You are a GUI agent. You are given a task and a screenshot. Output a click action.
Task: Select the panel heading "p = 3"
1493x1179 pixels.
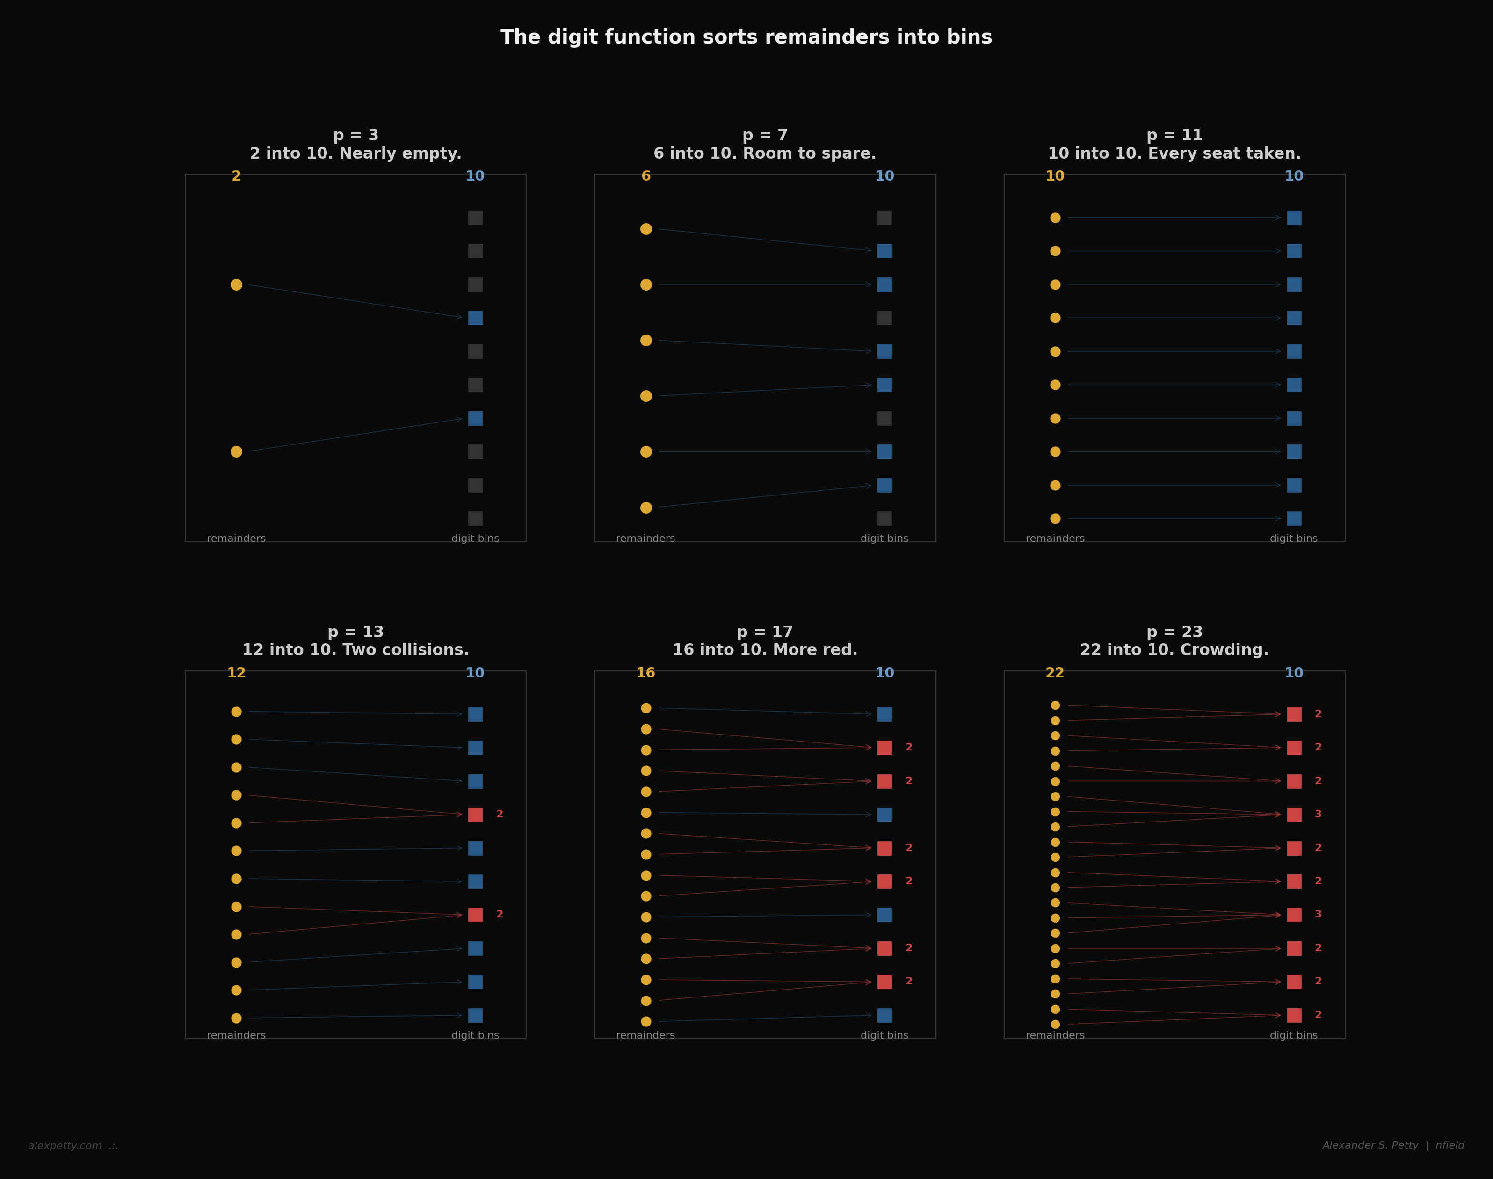pyautogui.click(x=355, y=135)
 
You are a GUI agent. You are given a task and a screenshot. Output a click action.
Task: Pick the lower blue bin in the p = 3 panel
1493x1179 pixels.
pyautogui.click(x=475, y=418)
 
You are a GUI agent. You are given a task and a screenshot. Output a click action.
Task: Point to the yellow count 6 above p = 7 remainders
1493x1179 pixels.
pyautogui.click(x=646, y=177)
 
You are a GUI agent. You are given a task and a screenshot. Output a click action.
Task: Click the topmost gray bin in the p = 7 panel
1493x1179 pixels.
pyautogui.click(x=884, y=218)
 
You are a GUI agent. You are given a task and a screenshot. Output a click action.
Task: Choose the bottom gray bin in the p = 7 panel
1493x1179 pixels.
pyautogui.click(x=884, y=518)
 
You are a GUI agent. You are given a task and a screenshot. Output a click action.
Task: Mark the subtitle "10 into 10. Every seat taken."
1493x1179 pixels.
pyautogui.click(x=1174, y=154)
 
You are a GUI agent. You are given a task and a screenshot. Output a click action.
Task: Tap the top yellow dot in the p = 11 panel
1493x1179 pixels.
pyautogui.click(x=1055, y=218)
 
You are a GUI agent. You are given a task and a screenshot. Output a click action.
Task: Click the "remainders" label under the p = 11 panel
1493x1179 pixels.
pyautogui.click(x=1055, y=539)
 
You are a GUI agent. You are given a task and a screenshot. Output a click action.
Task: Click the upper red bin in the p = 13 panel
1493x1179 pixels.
pyautogui.click(x=475, y=815)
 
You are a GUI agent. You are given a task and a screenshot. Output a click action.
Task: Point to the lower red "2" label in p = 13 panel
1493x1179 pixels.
pyautogui.click(x=500, y=915)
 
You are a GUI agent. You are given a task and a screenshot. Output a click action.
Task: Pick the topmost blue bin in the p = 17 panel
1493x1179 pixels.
pyautogui.click(x=884, y=714)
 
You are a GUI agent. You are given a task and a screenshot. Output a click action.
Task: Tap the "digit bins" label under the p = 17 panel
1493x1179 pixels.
pyautogui.click(x=884, y=1035)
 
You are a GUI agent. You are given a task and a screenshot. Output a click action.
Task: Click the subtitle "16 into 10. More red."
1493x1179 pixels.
pyautogui.click(x=765, y=650)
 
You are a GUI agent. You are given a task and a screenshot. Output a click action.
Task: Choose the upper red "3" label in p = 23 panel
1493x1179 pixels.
pyautogui.click(x=1318, y=815)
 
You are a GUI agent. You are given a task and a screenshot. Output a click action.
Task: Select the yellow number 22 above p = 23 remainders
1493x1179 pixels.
pyautogui.click(x=1055, y=673)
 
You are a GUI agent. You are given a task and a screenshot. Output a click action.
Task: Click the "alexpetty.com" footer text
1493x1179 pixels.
pyautogui.click(x=65, y=1146)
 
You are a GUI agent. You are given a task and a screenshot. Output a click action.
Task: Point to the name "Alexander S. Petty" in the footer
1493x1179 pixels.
pyautogui.click(x=1370, y=1145)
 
